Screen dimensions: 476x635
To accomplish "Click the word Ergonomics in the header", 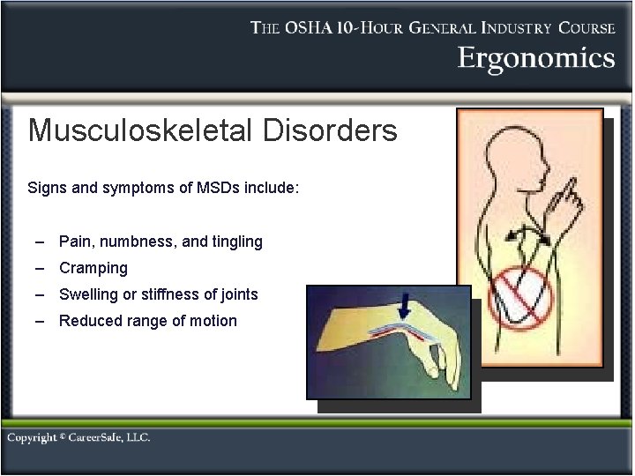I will pyautogui.click(x=535, y=58).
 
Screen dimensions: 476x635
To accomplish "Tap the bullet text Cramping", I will pyautogui.click(x=93, y=268).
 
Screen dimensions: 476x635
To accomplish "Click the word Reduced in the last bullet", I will pyautogui.click(x=88, y=321).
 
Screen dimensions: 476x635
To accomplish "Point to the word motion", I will pyautogui.click(x=213, y=321).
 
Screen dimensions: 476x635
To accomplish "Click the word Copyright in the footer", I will pyautogui.click(x=33, y=437).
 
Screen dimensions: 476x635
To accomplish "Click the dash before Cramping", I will pyautogui.click(x=41, y=268).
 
